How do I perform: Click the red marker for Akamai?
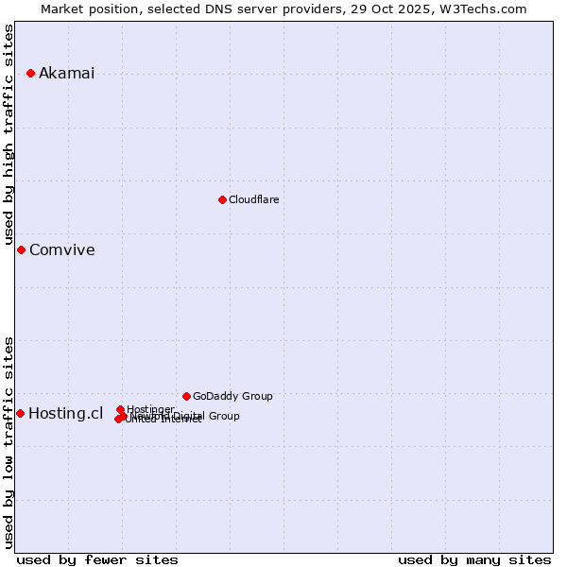point(31,73)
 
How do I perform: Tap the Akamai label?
point(66,74)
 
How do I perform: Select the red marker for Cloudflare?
point(222,199)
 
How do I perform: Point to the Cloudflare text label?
point(253,199)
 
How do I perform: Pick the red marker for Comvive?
point(22,249)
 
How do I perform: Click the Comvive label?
point(61,250)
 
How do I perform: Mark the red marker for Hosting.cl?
point(20,413)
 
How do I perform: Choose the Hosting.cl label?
point(65,413)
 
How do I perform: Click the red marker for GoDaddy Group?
point(186,396)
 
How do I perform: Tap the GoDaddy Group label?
point(232,396)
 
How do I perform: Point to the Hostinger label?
point(150,409)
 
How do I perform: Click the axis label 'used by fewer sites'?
point(97,559)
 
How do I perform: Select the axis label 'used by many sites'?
point(474,559)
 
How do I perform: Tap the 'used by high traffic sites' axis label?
point(9,134)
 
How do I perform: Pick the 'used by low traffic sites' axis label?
point(9,441)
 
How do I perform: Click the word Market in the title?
point(63,9)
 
